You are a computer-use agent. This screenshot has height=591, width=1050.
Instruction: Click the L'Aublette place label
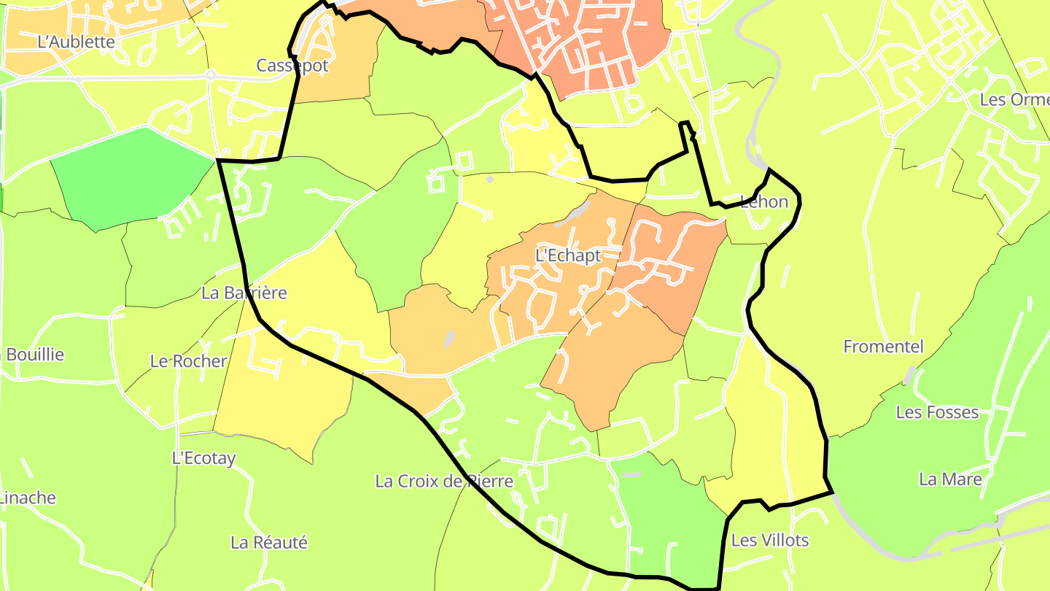76,42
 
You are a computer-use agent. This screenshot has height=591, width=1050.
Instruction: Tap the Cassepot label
292,66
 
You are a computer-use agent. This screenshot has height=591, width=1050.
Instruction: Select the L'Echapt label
568,256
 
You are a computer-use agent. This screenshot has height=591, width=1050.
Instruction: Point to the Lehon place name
764,202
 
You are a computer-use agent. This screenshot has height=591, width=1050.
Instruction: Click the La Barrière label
244,293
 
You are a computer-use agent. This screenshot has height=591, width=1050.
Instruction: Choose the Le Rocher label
188,361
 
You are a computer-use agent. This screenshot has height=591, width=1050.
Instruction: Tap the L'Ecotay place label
203,458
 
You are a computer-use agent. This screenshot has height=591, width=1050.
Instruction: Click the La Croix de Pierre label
444,482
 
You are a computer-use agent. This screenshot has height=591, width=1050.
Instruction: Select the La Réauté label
269,543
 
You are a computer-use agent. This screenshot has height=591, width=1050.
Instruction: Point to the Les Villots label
769,541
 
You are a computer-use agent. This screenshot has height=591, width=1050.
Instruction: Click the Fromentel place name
883,347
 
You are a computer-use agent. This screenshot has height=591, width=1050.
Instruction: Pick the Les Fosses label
937,412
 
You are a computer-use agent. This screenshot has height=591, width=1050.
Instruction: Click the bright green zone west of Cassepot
131,175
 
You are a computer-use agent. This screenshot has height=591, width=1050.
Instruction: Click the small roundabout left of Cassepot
210,74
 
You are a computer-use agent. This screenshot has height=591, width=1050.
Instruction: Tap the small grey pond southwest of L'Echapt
449,339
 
